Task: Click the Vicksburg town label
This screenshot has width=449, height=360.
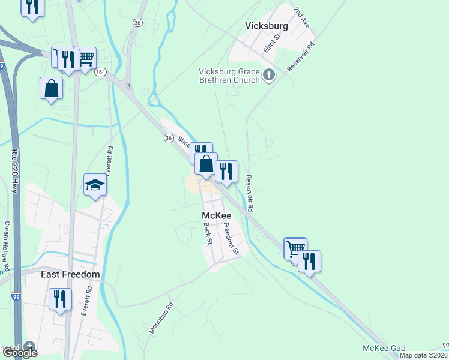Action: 267,26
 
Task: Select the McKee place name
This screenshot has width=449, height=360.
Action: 215,215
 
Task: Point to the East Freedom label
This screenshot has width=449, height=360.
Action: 70,274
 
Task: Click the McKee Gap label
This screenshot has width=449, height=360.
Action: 384,348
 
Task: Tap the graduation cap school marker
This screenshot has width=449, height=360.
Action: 95,185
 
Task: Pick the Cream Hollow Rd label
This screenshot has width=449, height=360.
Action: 7,245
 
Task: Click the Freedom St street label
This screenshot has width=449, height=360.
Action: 232,238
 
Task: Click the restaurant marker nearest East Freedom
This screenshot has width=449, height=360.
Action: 60,298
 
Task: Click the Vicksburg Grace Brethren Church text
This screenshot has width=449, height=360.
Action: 230,76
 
